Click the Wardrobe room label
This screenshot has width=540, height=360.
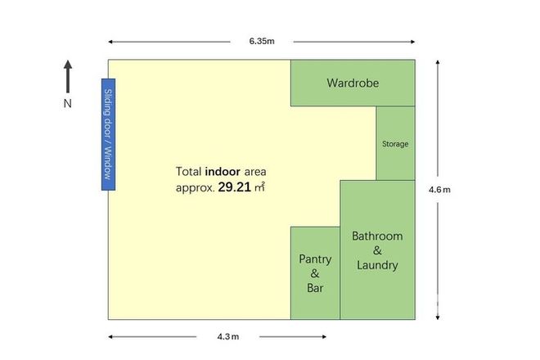coord(353,83)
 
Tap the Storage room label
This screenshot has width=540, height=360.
coord(395,144)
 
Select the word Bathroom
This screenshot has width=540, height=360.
coord(377,236)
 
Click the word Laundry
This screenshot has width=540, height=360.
coord(377,265)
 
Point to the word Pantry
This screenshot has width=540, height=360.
coord(315,259)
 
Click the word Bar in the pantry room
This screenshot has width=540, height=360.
coord(315,288)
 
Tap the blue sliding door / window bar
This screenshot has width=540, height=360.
coord(107,135)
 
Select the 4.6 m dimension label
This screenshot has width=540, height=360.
coord(439,189)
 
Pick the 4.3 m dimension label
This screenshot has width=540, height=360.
coord(228,336)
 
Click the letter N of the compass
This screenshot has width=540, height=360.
coord(68,104)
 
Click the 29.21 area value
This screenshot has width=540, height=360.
coord(235,187)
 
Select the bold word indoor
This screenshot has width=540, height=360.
coord(223,172)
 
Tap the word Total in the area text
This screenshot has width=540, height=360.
coord(189,172)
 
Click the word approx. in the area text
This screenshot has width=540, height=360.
coord(195,187)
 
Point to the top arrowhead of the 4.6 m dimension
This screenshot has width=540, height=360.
coord(439,64)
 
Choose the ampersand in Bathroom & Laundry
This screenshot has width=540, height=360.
coord(377,250)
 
